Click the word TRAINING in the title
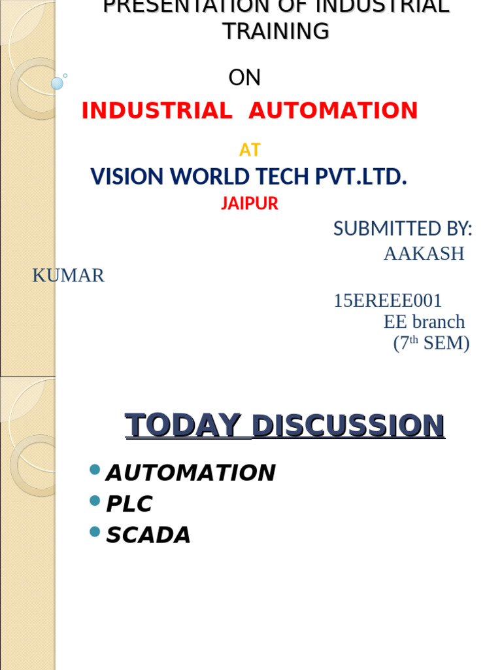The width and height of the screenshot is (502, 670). tap(276, 31)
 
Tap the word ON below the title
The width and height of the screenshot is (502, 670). tap(244, 78)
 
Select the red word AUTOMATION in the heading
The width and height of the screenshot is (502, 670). tap(333, 111)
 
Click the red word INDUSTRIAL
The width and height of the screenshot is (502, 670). tap(157, 111)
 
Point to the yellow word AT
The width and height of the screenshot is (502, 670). tap(250, 150)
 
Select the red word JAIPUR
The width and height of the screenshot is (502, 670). tap(250, 203)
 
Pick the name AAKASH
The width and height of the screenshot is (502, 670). tap(424, 254)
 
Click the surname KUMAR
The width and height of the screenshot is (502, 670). tap(69, 275)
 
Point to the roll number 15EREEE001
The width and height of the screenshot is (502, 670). tap(388, 301)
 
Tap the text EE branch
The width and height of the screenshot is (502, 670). tap(424, 322)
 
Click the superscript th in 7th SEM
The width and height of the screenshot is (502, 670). tap(414, 340)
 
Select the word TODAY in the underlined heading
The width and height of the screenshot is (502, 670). tap(183, 425)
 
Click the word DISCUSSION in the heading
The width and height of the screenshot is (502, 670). tap(348, 425)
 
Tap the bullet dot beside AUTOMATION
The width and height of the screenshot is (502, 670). tap(95, 468)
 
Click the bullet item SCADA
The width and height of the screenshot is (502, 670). tap(148, 535)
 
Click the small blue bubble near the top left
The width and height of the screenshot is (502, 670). tap(57, 83)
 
